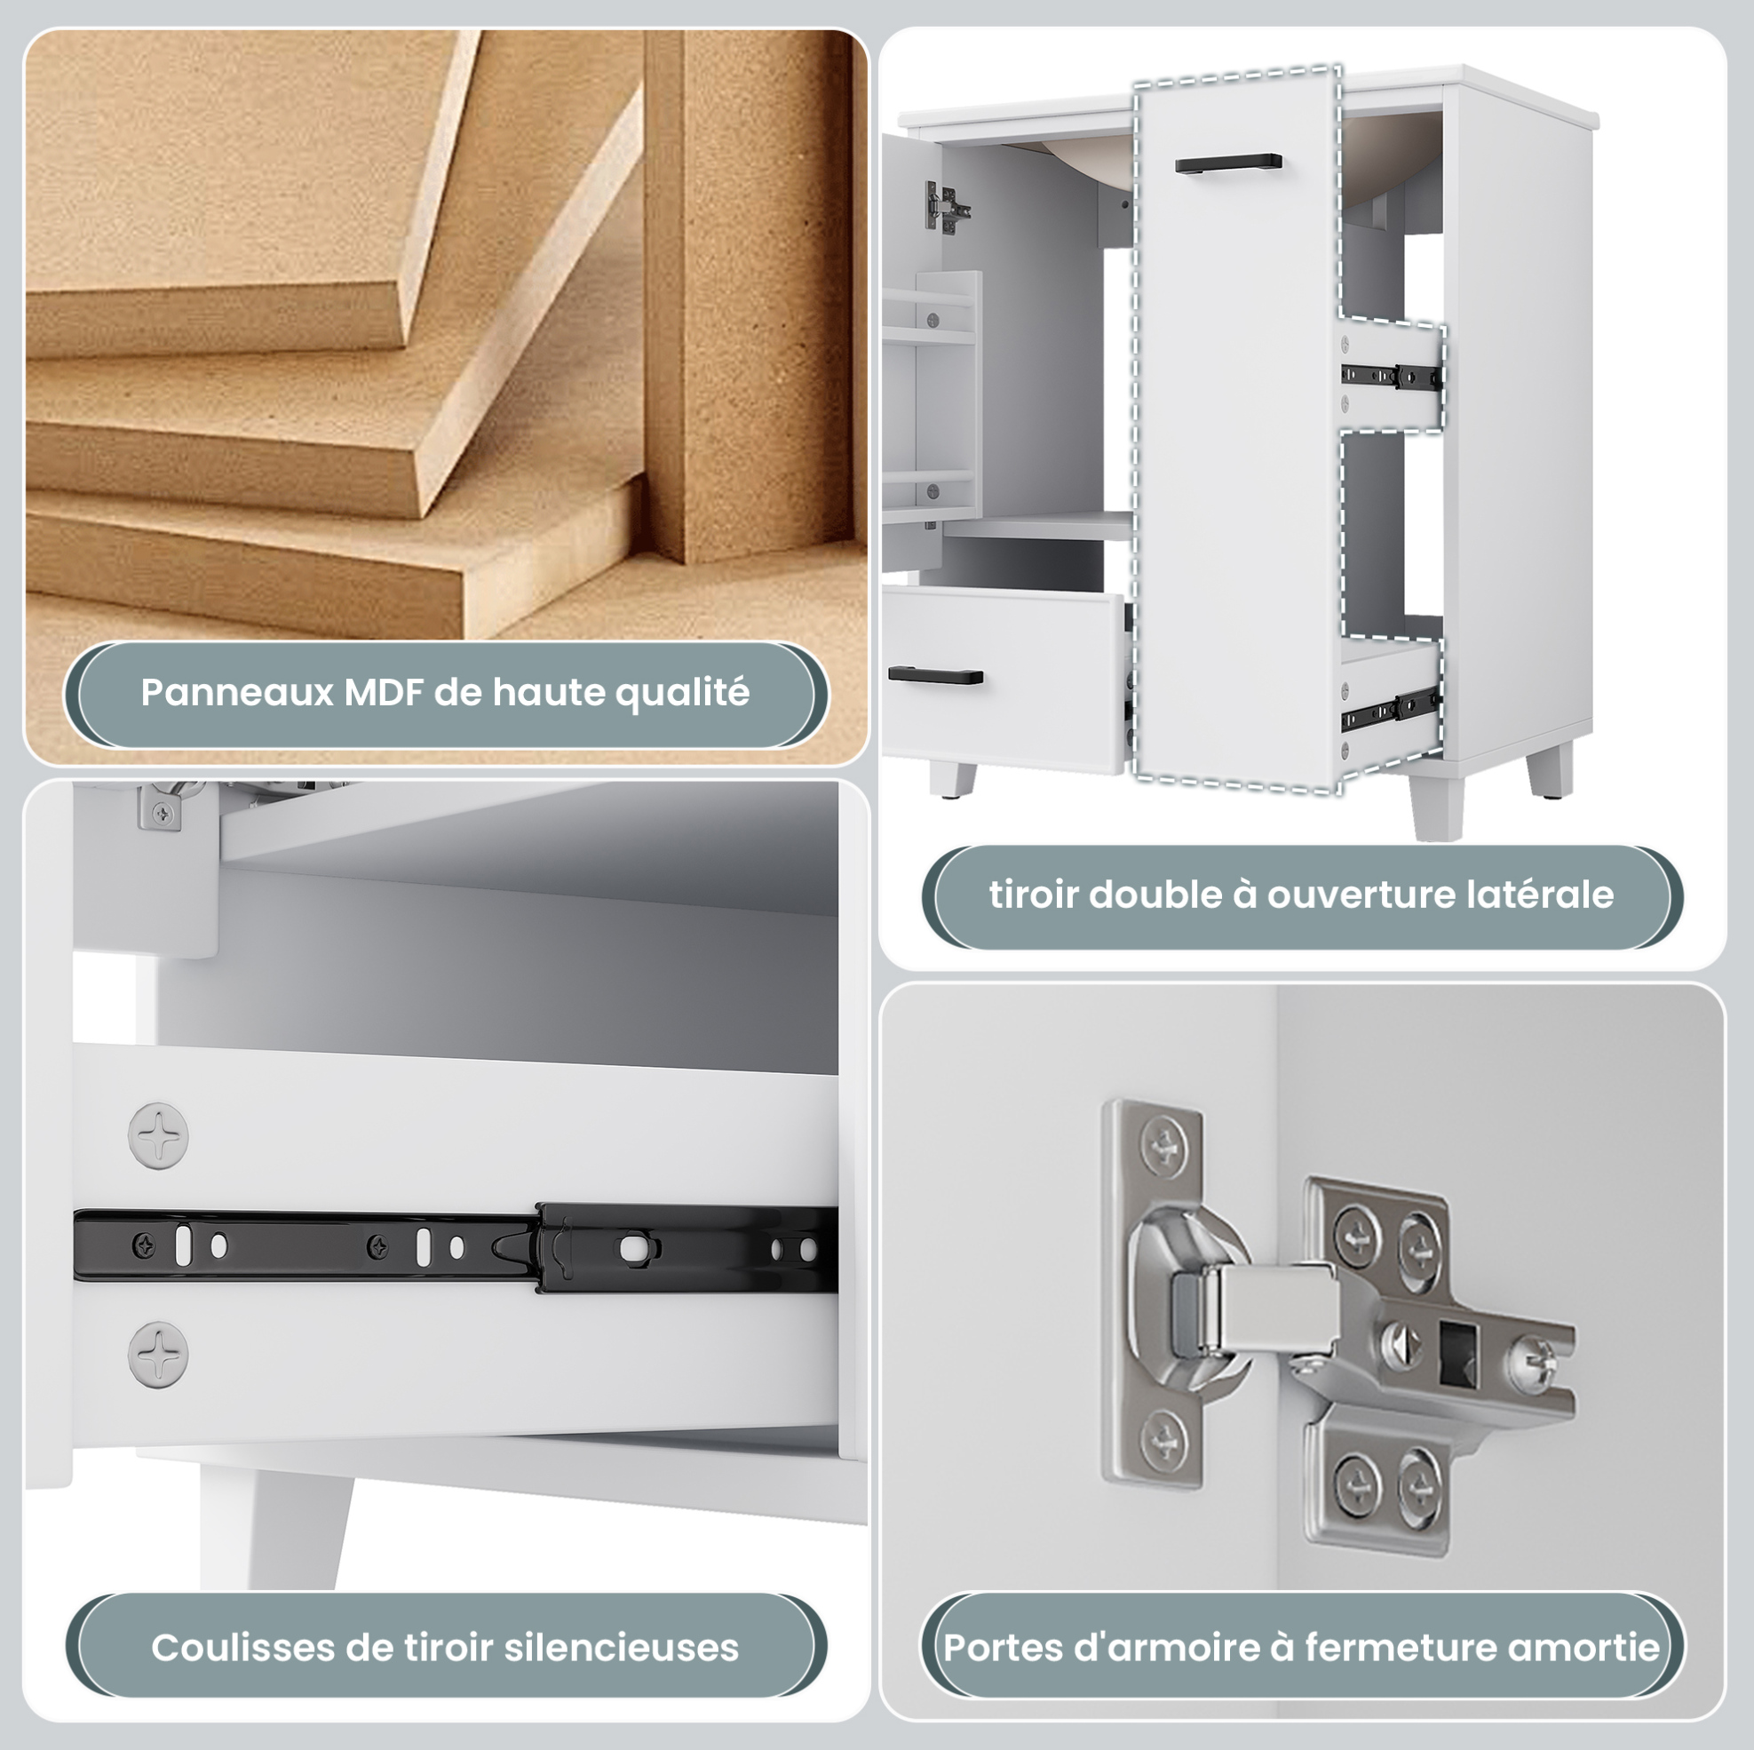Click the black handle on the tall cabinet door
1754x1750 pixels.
tap(1228, 164)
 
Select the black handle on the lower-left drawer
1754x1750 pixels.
tap(935, 675)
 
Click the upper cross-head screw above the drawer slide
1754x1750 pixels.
tap(158, 1135)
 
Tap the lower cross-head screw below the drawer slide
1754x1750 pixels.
tap(158, 1354)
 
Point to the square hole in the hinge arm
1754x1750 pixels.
tap(1458, 1355)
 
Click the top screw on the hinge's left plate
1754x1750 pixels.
tap(1164, 1147)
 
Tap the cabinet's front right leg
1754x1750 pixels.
tap(1438, 797)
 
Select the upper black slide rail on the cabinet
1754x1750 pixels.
tap(1392, 376)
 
